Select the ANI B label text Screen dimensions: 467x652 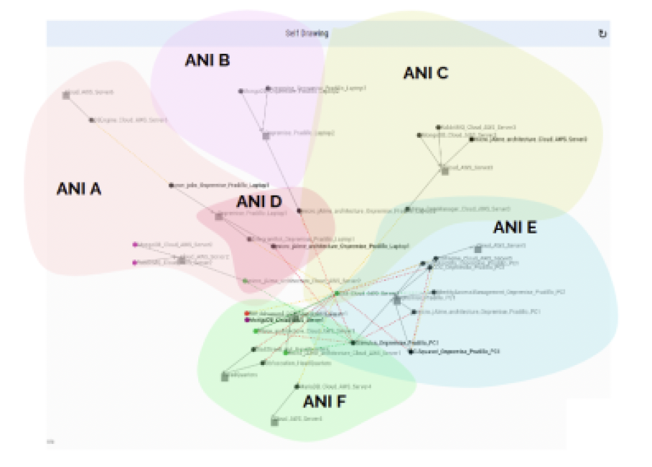click(x=207, y=60)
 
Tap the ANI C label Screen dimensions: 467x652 click(x=426, y=73)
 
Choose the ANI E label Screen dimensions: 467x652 click(x=515, y=228)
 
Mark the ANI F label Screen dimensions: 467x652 click(x=325, y=401)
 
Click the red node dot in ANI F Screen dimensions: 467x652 click(x=247, y=313)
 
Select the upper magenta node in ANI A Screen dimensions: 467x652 click(x=135, y=244)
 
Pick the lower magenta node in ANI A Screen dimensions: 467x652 click(x=135, y=262)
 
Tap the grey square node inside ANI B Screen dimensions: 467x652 click(x=266, y=135)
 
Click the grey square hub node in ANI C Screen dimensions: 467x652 click(x=445, y=171)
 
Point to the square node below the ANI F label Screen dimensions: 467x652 click(x=274, y=421)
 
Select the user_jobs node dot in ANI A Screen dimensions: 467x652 click(x=172, y=185)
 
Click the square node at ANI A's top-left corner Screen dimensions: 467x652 click(x=66, y=95)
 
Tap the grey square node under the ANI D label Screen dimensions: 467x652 click(x=219, y=216)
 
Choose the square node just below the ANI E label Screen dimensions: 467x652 click(x=478, y=249)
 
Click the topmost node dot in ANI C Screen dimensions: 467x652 click(x=439, y=127)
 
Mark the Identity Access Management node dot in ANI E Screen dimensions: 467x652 click(x=434, y=292)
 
